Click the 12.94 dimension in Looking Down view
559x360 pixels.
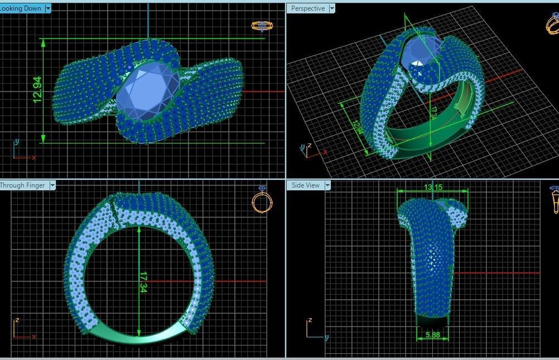[37, 90]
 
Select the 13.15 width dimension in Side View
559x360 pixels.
[433, 188]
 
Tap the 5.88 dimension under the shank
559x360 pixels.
[432, 335]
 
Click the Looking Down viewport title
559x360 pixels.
[21, 8]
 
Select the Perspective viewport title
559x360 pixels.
[307, 8]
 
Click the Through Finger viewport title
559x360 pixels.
[22, 185]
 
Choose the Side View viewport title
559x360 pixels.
[306, 185]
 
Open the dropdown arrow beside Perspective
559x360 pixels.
[332, 8]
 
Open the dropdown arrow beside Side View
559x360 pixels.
[327, 185]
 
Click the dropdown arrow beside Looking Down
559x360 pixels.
[48, 8]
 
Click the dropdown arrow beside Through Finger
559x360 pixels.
[52, 185]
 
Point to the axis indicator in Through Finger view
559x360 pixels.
[21, 329]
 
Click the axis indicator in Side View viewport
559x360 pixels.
[315, 329]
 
